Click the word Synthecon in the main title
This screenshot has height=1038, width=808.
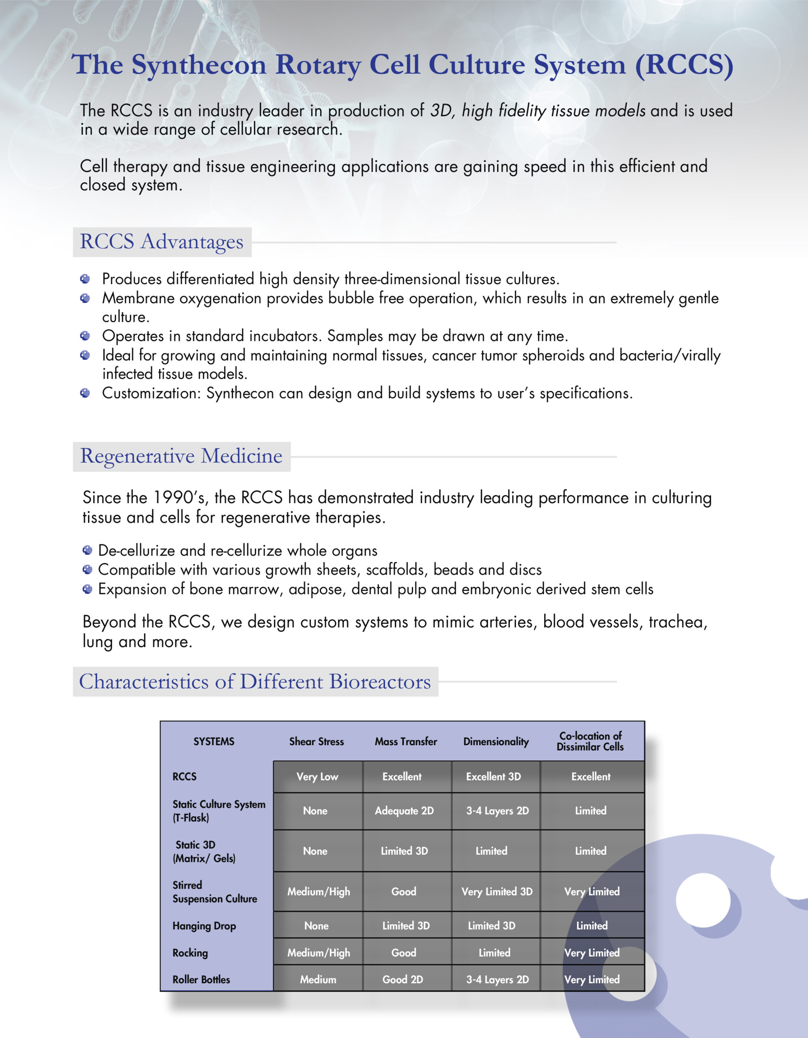(198, 65)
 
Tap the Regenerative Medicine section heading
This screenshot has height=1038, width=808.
(181, 456)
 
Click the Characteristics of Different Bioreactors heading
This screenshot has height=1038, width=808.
(255, 682)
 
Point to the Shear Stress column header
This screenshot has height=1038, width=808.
(316, 742)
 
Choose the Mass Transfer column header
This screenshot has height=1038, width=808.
(406, 742)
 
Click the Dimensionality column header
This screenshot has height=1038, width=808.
(496, 742)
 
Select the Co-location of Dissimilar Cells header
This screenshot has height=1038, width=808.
(590, 742)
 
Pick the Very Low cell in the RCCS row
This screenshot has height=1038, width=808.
(317, 776)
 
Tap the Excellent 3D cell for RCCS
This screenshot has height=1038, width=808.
(493, 776)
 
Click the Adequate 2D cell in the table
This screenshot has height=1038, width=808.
(404, 811)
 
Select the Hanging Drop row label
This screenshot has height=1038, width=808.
(204, 926)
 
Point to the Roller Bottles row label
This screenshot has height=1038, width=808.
(201, 980)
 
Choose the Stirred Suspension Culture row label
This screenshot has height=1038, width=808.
(215, 892)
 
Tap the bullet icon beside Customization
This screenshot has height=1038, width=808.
(85, 393)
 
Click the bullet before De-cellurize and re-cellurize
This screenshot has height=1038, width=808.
(88, 550)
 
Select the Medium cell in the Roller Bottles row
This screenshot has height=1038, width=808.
(318, 980)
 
